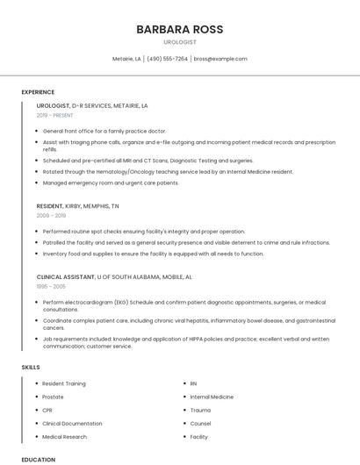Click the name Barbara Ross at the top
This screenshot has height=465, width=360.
point(179,29)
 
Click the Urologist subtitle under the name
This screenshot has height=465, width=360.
point(179,42)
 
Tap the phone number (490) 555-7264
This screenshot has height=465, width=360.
point(167,59)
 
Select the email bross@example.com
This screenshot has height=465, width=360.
point(220,59)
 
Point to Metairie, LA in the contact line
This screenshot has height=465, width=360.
point(126,59)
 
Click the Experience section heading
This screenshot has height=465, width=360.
point(38,92)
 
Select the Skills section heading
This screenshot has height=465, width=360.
point(31,367)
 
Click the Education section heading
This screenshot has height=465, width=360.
point(38,459)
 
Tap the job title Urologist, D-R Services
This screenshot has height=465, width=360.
point(92,105)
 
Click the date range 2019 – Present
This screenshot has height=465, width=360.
point(54,115)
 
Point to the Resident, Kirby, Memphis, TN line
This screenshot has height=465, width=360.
point(77,205)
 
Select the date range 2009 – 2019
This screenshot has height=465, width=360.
point(51,215)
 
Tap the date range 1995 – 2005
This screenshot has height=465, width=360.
point(51,286)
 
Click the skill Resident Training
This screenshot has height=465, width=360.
point(64,383)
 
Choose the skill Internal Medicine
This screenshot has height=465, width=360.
point(212,397)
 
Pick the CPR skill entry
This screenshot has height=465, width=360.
point(47,410)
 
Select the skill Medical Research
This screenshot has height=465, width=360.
point(64,436)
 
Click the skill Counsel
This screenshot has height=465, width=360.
point(200,423)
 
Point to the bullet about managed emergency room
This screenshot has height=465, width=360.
point(111,182)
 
